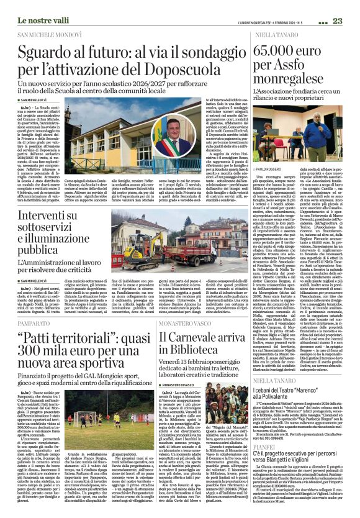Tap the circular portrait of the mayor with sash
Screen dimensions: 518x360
click(x=167, y=147)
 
